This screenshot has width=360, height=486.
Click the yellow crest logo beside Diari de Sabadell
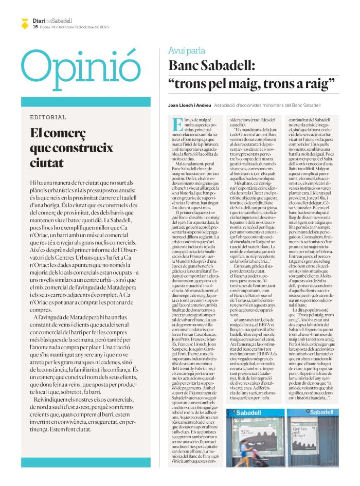coord(24,23)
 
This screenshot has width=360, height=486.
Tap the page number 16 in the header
coord(35,26)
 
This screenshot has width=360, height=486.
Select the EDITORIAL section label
coord(48,117)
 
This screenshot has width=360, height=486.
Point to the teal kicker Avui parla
coord(186,50)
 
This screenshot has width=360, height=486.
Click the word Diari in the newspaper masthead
coord(40,20)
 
